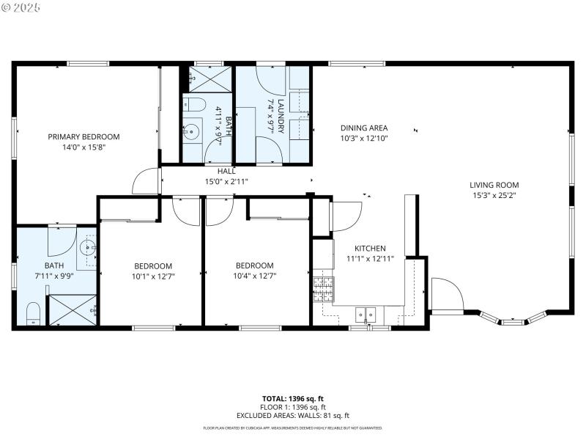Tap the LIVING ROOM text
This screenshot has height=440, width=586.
point(494,185)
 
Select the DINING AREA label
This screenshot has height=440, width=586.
point(363,128)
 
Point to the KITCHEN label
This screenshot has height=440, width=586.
point(370,249)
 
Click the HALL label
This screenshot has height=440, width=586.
point(226,171)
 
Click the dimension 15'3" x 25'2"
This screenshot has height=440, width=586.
point(494,195)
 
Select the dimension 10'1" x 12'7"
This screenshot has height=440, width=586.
point(154,276)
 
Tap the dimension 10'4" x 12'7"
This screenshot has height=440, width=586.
point(254,276)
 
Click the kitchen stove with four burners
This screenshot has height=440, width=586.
point(323,290)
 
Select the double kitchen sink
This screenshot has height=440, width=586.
point(366,315)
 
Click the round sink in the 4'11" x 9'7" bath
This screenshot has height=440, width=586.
point(193,132)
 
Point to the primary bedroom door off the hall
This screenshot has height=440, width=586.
point(146,181)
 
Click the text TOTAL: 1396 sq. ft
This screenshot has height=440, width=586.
point(293,399)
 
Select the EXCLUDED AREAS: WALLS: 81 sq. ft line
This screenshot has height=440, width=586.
point(293,415)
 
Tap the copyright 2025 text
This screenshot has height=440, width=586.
point(21,7)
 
